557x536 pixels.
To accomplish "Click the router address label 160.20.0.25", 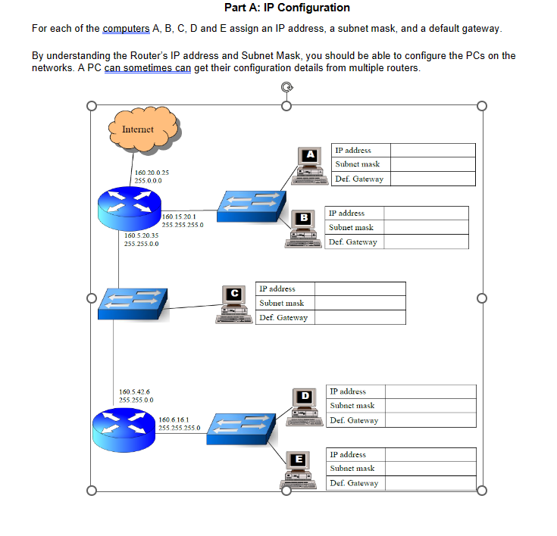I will [152, 173].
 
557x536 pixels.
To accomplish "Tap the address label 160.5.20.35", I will [141, 235].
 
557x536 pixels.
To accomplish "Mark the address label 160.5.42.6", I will [136, 391].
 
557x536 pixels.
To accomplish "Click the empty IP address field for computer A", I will [433, 150].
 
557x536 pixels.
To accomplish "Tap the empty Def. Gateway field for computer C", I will [360, 317].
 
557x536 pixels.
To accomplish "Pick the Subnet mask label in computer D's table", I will [353, 406].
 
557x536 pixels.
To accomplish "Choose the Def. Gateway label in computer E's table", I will [354, 483].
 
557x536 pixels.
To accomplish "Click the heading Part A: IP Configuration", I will [287, 8].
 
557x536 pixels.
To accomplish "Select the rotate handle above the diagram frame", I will [286, 88].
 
